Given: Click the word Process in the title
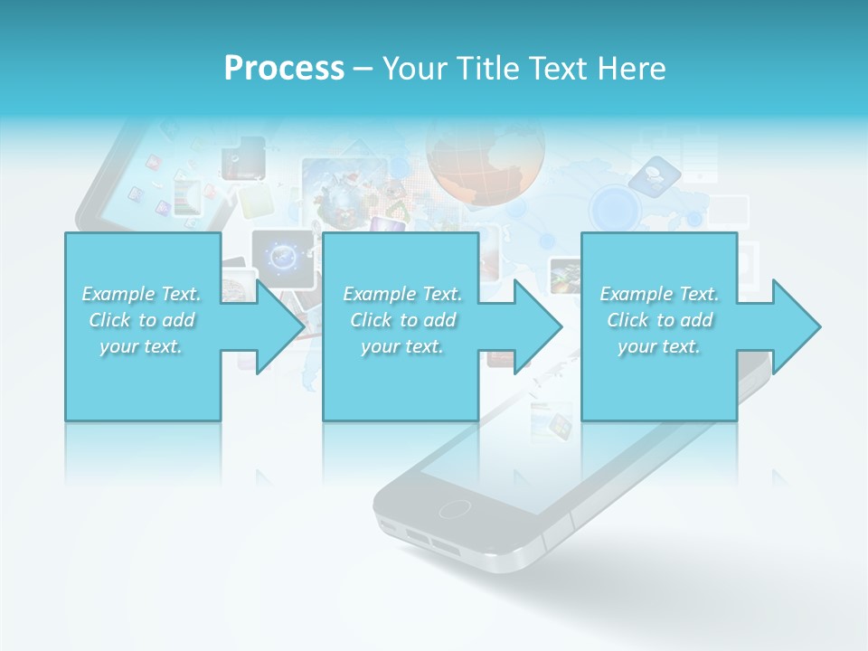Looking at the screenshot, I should [284, 69].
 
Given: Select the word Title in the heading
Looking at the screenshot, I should [485, 69].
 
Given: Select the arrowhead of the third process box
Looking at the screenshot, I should [795, 326].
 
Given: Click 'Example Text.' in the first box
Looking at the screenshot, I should [142, 294].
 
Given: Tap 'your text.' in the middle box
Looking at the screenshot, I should [402, 346].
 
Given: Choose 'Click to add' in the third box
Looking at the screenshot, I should [659, 320].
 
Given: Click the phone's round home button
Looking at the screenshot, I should [454, 508].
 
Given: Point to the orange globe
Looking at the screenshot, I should [486, 154].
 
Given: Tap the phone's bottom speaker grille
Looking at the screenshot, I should [431, 542].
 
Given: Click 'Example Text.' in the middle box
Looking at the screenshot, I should [402, 294].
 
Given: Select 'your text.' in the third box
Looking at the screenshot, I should [659, 346].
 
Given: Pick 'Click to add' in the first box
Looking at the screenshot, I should [142, 320].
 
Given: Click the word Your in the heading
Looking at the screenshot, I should [413, 69].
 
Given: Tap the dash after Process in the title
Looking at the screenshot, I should [363, 70].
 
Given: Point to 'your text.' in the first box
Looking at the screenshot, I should [142, 346].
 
